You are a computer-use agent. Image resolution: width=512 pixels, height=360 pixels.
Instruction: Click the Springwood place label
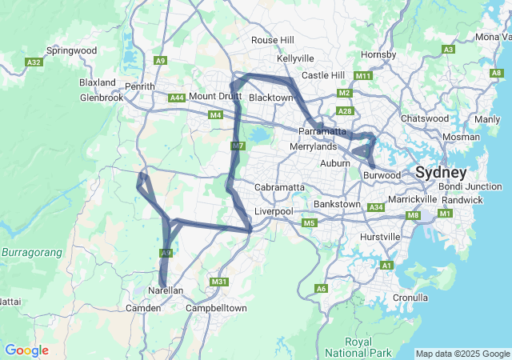(71, 50)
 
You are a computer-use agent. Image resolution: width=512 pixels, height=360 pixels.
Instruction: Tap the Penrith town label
(139, 86)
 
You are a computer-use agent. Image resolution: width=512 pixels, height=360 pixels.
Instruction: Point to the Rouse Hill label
(273, 40)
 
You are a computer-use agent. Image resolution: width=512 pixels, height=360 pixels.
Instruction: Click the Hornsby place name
(378, 54)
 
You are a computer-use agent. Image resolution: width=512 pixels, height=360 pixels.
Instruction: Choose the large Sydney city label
(441, 172)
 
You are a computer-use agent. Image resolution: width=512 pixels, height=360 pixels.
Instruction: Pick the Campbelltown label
(214, 307)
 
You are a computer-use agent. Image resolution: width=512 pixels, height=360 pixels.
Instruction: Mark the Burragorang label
(31, 252)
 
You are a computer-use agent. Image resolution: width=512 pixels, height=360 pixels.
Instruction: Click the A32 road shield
(34, 62)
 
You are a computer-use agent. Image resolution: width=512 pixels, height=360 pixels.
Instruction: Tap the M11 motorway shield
(363, 76)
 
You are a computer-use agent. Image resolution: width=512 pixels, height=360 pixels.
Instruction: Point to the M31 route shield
(219, 282)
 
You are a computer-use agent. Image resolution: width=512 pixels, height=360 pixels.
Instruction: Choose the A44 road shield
(177, 98)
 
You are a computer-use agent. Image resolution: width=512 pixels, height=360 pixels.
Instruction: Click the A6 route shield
(322, 288)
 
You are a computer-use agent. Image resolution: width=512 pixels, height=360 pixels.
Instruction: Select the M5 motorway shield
(309, 222)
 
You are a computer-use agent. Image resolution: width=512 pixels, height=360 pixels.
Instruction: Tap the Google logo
(26, 350)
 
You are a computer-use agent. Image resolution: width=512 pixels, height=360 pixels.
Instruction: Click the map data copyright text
(462, 354)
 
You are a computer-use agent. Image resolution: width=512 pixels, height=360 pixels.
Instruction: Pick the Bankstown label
(338, 204)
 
